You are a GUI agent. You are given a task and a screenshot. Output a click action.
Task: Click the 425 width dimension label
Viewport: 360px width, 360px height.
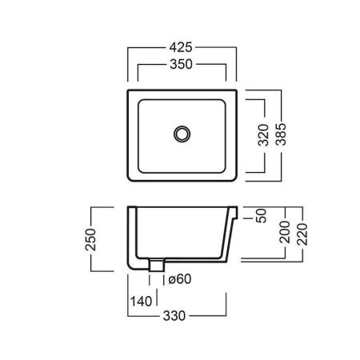coord(181,47)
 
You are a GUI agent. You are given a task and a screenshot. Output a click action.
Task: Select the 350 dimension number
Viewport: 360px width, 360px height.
coord(181,64)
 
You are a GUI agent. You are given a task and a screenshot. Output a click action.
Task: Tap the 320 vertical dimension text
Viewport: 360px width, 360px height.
coord(263,134)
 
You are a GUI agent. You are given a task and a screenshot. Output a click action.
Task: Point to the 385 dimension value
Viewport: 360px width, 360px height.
coord(281,134)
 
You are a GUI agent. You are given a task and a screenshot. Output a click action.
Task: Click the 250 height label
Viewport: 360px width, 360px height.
coord(90,239)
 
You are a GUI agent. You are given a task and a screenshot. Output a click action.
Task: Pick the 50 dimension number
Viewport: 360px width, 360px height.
coord(261,215)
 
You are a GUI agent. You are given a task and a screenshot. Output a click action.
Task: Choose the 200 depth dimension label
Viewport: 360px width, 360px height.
coord(285,232)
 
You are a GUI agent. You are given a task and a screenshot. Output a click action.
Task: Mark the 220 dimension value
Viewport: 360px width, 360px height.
coord(302,234)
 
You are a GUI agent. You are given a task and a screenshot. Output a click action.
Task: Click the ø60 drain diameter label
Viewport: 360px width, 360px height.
coord(180,279)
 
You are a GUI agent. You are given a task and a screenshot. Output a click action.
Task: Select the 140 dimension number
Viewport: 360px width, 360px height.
coord(141,302)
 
